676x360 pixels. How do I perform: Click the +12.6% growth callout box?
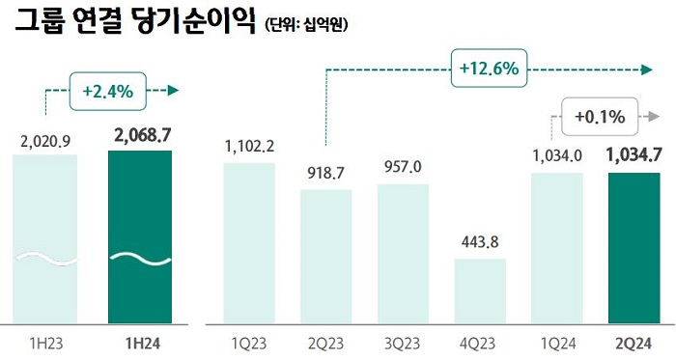point(486,69)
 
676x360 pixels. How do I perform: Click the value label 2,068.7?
point(140,135)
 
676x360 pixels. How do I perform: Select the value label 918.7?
point(326,174)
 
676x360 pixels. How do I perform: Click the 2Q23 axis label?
point(326,342)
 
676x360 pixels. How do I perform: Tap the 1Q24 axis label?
point(558,342)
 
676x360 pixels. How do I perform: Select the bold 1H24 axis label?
point(140,342)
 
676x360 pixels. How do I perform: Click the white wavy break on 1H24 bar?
point(140,259)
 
